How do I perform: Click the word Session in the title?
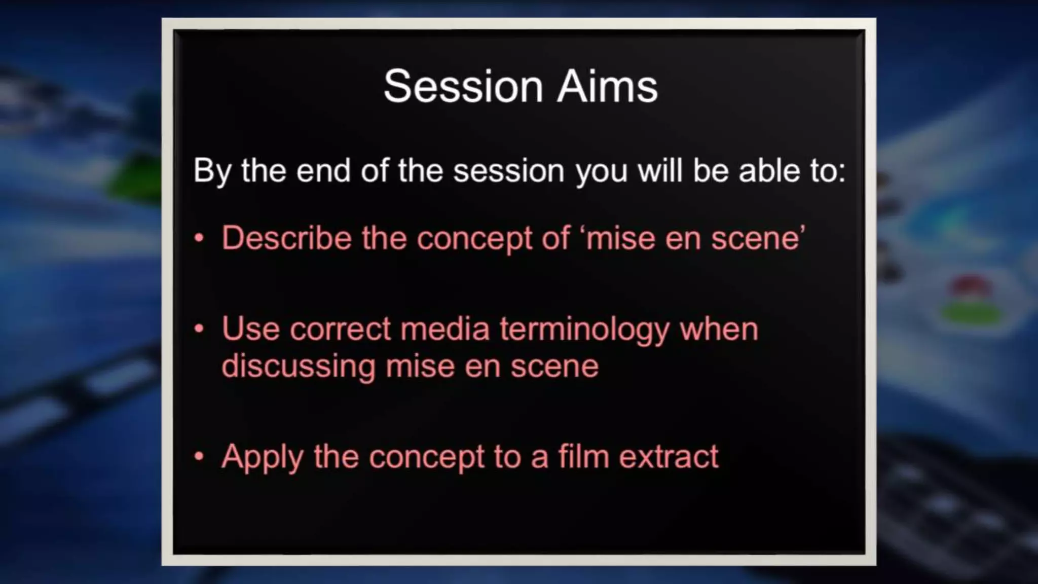click(463, 86)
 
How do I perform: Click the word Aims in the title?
click(607, 86)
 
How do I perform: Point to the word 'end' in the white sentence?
click(323, 171)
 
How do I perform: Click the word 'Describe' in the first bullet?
click(286, 238)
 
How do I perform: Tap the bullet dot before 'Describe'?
click(199, 238)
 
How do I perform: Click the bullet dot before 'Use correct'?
click(199, 329)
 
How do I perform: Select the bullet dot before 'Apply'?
click(199, 456)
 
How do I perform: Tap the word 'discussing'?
click(298, 366)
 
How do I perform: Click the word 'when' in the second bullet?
click(719, 330)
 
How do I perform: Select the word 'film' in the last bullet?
click(583, 456)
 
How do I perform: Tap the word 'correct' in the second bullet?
click(340, 330)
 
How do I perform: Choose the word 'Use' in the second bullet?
click(250, 330)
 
